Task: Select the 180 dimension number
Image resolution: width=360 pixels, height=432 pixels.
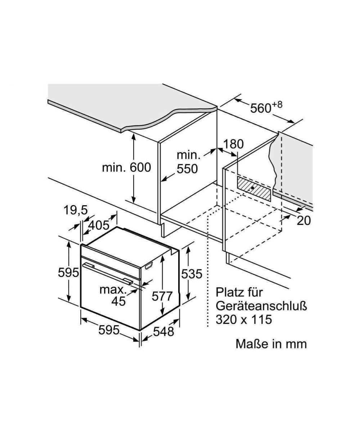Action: click(x=233, y=144)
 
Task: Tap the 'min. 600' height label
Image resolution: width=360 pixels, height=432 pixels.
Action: click(x=126, y=167)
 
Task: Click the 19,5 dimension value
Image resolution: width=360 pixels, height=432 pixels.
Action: click(x=76, y=210)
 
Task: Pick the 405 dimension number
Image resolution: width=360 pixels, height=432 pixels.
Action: click(x=99, y=225)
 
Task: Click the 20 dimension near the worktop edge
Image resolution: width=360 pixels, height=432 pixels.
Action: click(x=303, y=220)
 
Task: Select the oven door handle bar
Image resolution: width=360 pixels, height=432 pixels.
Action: click(x=108, y=273)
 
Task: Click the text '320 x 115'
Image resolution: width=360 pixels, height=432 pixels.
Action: click(x=244, y=319)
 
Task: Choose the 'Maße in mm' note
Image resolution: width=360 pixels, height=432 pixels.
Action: click(x=271, y=343)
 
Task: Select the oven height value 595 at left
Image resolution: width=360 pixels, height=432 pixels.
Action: click(x=68, y=273)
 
